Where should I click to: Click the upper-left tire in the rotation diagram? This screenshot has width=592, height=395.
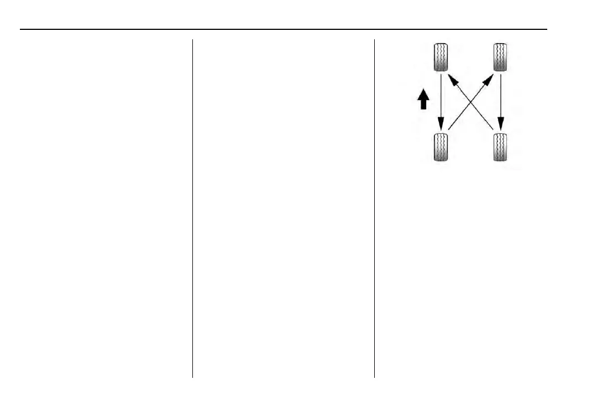tap(440, 57)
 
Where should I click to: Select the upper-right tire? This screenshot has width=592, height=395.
tap(501, 57)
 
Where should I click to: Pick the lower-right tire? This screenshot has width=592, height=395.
tap(501, 147)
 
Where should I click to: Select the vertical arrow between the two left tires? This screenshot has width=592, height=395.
tap(441, 100)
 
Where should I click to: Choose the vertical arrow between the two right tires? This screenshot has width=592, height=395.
tap(501, 100)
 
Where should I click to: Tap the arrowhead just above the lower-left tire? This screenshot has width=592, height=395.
tap(441, 123)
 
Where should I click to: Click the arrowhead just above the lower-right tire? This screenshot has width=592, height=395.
tap(501, 123)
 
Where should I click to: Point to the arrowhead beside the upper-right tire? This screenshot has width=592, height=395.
tap(490, 80)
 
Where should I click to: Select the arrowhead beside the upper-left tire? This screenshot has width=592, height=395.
tap(452, 81)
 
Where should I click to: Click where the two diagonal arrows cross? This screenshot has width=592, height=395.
tap(471, 103)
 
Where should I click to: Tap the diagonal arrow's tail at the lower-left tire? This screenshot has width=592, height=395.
tap(449, 129)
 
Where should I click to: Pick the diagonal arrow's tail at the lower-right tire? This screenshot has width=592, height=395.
tap(492, 129)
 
